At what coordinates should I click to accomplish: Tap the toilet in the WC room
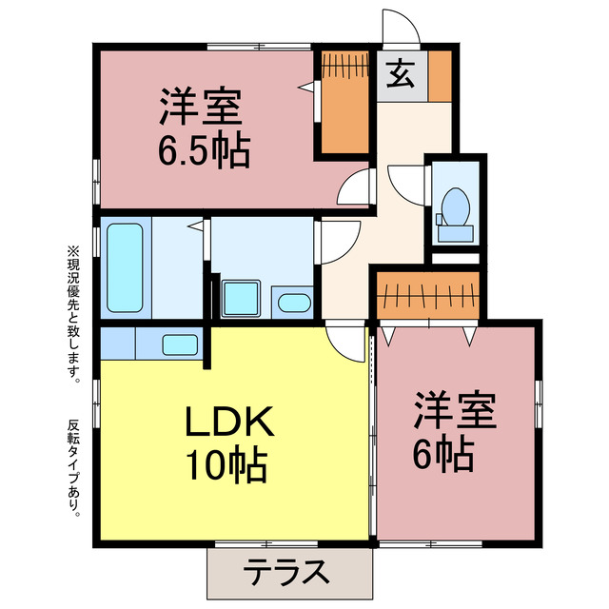(455, 211)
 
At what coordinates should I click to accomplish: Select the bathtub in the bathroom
(126, 267)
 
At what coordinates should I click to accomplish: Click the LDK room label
(229, 421)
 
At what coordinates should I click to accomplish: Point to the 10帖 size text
(227, 464)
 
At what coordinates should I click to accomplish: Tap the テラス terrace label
(287, 573)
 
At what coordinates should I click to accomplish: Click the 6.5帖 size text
(203, 150)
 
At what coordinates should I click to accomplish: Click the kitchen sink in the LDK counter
(179, 344)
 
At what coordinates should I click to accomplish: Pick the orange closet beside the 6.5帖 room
(343, 102)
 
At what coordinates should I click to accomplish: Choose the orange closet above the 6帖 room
(427, 294)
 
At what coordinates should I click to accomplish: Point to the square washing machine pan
(240, 299)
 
